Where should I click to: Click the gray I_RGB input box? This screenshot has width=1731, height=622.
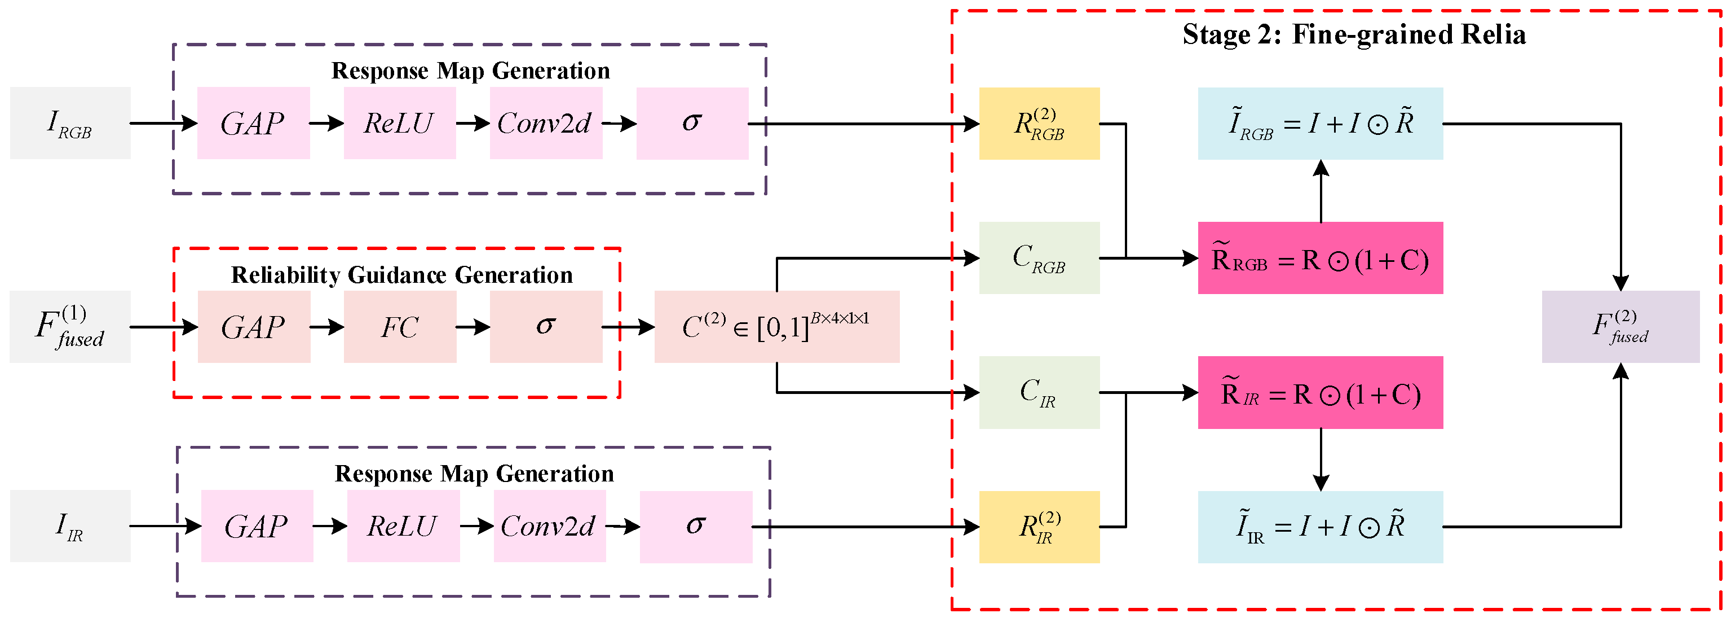[70, 123]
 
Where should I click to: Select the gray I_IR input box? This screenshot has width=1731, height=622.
[70, 526]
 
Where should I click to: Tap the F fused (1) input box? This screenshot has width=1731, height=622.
[70, 327]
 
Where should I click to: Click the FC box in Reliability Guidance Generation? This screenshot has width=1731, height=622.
[400, 327]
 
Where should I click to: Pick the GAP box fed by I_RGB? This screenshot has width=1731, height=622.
[253, 123]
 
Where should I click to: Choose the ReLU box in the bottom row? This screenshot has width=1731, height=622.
[403, 526]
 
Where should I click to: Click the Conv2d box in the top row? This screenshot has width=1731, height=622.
[546, 123]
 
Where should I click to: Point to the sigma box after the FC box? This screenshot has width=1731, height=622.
[546, 327]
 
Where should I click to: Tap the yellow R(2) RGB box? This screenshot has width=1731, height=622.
[1039, 124]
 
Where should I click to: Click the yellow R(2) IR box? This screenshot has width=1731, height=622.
[1039, 527]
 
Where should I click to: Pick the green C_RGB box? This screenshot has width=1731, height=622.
[1039, 258]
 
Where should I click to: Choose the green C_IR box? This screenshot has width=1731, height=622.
[1039, 393]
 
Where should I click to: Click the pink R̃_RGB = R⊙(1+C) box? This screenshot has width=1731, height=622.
[1321, 258]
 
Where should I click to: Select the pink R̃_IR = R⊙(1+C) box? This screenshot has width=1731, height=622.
[1321, 393]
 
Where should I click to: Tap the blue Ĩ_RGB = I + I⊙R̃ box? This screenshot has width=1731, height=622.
[1321, 124]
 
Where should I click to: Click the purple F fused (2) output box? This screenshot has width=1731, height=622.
[1620, 327]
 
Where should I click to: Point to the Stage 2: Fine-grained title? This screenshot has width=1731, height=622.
[1354, 34]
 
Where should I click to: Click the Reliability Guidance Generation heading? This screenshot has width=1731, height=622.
[402, 275]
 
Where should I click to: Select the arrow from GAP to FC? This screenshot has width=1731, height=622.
[327, 327]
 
